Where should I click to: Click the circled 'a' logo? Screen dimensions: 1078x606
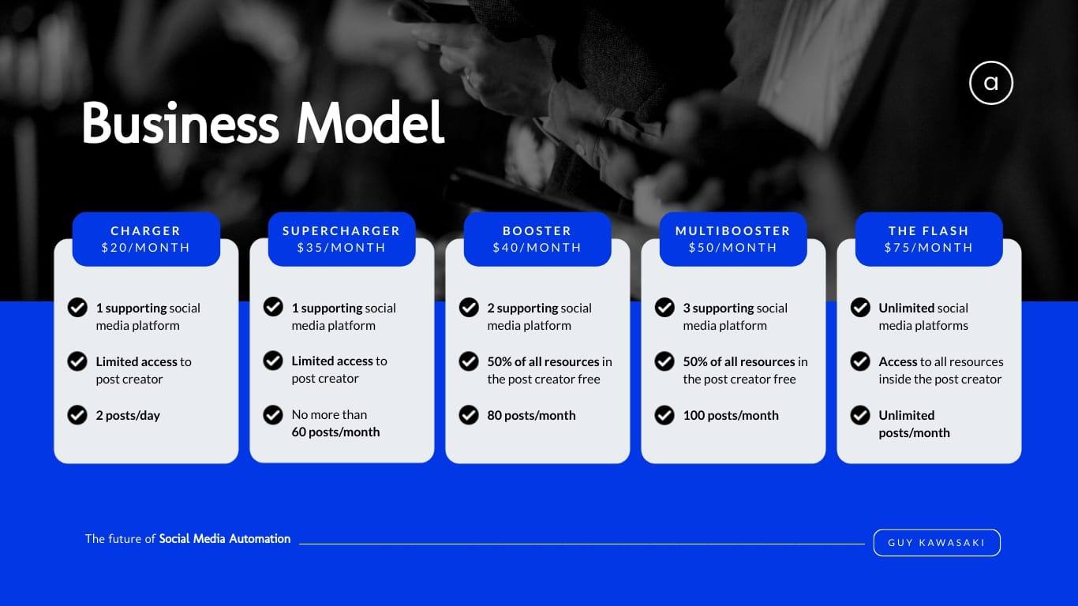(991, 83)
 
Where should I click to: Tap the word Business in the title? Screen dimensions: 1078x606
(181, 123)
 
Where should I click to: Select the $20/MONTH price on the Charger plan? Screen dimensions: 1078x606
(146, 248)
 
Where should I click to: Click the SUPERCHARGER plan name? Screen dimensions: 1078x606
(341, 231)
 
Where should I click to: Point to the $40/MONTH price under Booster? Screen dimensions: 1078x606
(537, 248)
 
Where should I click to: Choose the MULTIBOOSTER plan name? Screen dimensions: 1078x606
(733, 231)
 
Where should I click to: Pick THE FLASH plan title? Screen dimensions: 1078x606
(929, 231)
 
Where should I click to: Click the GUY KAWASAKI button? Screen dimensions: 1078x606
(937, 542)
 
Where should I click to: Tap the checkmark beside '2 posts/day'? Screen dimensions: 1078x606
(77, 415)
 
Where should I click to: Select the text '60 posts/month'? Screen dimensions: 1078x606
(335, 432)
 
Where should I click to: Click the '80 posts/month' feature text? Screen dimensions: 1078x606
(531, 415)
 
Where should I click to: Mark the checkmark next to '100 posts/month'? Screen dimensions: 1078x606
(664, 415)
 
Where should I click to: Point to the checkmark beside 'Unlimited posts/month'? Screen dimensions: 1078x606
(860, 415)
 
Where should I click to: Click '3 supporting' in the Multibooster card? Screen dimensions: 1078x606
(715, 308)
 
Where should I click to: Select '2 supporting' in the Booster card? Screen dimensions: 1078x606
(518, 308)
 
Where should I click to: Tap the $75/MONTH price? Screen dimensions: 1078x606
(929, 248)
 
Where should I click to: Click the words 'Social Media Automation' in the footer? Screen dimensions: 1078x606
(225, 539)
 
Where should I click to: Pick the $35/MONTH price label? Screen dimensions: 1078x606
(341, 248)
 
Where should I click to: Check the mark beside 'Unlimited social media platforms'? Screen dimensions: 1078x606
(860, 307)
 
